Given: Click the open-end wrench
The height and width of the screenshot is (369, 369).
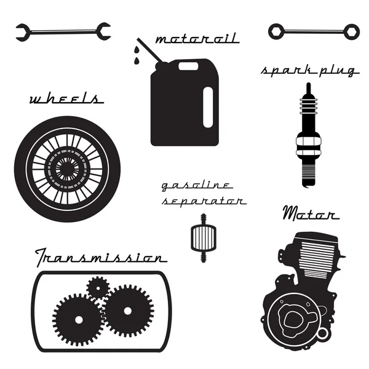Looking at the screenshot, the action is pos(63,32).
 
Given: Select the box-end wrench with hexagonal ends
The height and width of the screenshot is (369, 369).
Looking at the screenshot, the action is pos(314,31).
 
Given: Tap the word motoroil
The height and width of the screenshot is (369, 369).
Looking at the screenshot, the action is pos(197,38).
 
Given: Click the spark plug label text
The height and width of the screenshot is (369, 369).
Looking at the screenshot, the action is pos(310,70).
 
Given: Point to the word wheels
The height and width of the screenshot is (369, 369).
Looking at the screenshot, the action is pos(66,98).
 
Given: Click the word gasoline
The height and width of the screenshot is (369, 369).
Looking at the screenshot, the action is pos(197,186).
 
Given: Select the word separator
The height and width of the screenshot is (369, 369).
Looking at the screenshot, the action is pos(204,200).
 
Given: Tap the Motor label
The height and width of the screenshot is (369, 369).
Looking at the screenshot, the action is pos(311,213).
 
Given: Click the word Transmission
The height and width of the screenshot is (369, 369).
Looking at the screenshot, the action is pos(101,256).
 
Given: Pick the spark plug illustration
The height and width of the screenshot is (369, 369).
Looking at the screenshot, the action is pos(309,135).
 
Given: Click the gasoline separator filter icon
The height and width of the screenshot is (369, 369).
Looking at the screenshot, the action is pos(204,237).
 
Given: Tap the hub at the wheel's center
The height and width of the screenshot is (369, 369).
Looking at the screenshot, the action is pos(67,169).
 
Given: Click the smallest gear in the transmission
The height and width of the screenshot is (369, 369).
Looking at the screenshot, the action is pos(98,288).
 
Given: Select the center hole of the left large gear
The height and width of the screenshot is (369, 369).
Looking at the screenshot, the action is pos(79,320).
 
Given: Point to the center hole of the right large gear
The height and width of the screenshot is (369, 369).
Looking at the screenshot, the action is pos(127,311).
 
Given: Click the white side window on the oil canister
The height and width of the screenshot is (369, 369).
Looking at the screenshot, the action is pos(208,107).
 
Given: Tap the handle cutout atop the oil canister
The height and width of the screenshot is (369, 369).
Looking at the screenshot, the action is pos(188,66).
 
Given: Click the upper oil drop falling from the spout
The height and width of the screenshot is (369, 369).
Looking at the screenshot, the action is pos(137,50).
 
